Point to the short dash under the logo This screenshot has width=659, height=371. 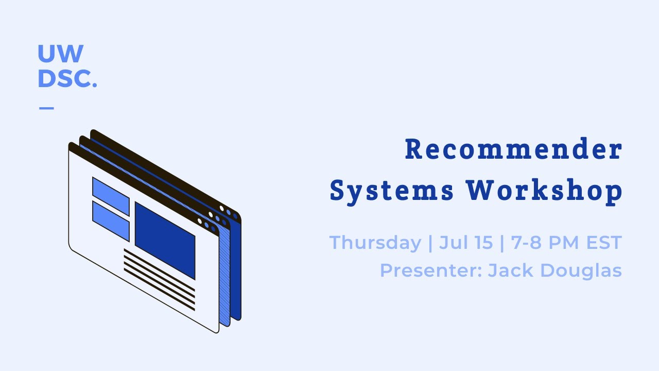[46, 108]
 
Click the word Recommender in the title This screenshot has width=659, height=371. [513, 149]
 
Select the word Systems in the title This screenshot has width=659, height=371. [392, 191]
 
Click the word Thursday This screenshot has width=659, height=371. [375, 242]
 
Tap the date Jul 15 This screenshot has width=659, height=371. [466, 242]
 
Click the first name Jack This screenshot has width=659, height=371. [507, 270]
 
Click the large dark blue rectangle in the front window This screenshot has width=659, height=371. [165, 240]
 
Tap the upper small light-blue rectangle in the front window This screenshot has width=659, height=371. [111, 196]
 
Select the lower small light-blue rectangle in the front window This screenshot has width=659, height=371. [111, 221]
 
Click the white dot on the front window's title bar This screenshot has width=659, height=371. [200, 221]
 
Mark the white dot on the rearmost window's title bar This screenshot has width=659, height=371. [222, 208]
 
